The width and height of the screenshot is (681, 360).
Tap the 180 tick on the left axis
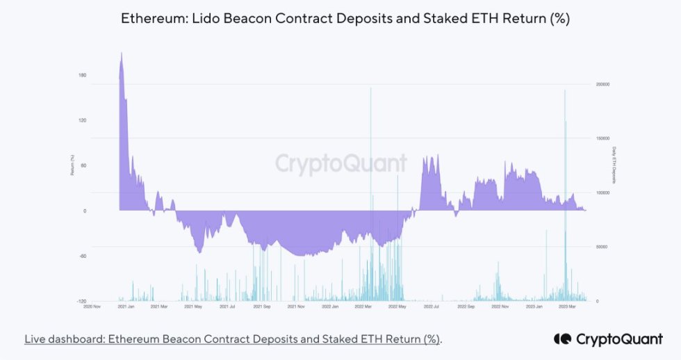[x=83, y=75]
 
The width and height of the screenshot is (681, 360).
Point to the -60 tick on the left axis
[x=82, y=256]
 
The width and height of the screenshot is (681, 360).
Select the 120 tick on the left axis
[x=83, y=120]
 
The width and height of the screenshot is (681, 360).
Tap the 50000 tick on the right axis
[x=601, y=247]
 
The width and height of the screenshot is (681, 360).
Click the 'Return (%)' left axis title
[x=72, y=165]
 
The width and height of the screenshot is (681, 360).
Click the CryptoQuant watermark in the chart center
[x=340, y=163]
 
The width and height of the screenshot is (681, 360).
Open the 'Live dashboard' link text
[x=232, y=339]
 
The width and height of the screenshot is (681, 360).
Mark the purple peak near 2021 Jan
[x=122, y=53]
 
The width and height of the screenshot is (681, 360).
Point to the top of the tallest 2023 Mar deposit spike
[x=565, y=90]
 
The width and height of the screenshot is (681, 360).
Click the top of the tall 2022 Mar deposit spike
[x=371, y=88]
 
